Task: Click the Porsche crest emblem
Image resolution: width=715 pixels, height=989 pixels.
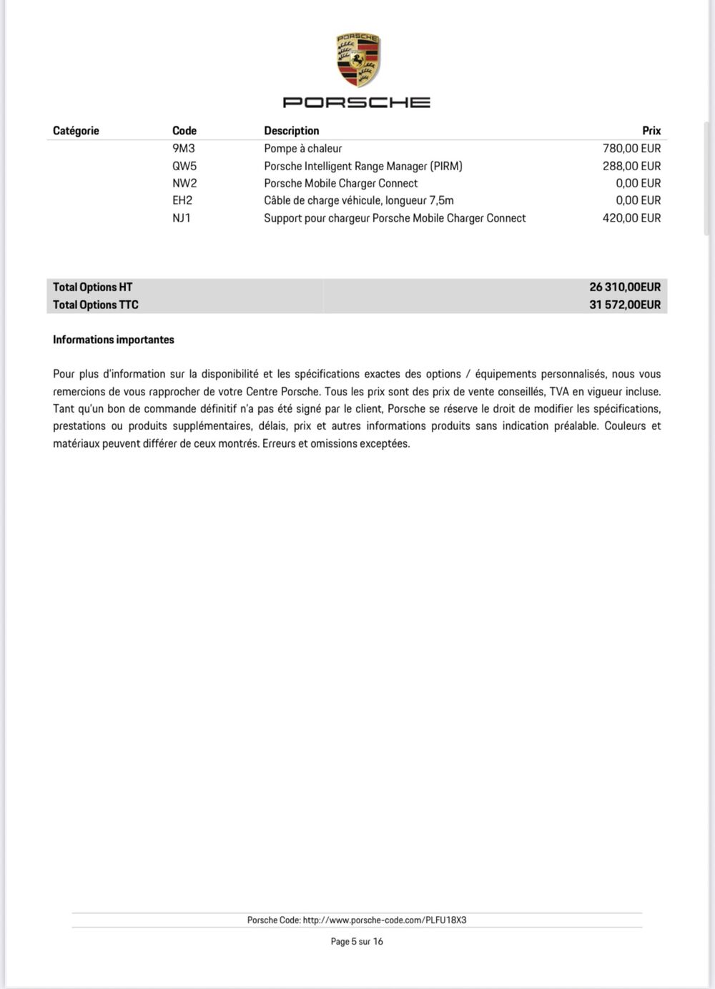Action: (x=357, y=60)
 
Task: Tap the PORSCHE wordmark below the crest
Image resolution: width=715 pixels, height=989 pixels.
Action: (x=357, y=102)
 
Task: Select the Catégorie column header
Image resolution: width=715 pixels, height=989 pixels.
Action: (x=76, y=131)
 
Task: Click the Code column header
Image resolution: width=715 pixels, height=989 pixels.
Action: (x=184, y=131)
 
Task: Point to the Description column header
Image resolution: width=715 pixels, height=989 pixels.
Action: (x=292, y=131)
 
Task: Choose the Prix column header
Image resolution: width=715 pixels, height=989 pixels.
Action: (x=651, y=131)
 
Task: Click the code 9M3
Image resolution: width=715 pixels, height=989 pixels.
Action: (x=184, y=149)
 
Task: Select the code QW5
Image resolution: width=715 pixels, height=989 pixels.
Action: (x=184, y=166)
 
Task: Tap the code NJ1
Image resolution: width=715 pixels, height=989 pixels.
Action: (x=182, y=218)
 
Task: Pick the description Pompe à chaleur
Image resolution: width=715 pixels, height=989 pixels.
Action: (x=303, y=149)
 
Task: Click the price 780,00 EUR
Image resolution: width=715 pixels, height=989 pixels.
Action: (x=631, y=149)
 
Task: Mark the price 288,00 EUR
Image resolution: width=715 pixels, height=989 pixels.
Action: (x=631, y=166)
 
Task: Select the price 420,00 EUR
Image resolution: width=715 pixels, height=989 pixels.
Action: (x=631, y=218)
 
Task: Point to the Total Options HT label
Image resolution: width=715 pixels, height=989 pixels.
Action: (x=93, y=287)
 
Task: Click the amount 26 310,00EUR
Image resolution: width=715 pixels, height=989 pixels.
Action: (x=625, y=287)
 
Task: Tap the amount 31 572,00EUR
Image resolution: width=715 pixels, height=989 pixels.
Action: (x=625, y=305)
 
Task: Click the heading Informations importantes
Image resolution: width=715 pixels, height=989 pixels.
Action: (x=114, y=340)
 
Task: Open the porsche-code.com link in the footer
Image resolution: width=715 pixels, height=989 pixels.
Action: (x=385, y=920)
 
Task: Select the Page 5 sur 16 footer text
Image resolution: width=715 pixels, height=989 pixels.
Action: (x=357, y=942)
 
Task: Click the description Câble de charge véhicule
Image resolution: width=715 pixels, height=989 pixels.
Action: (x=359, y=201)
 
